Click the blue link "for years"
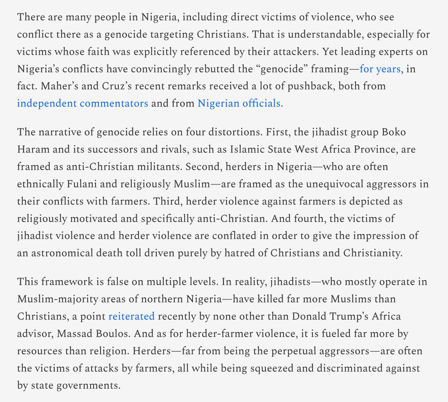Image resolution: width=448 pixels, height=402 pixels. [380, 69]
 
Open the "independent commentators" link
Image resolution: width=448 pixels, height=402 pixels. [82, 103]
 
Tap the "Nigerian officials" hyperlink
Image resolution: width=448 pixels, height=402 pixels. [239, 103]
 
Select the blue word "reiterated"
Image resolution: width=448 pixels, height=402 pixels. [131, 316]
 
